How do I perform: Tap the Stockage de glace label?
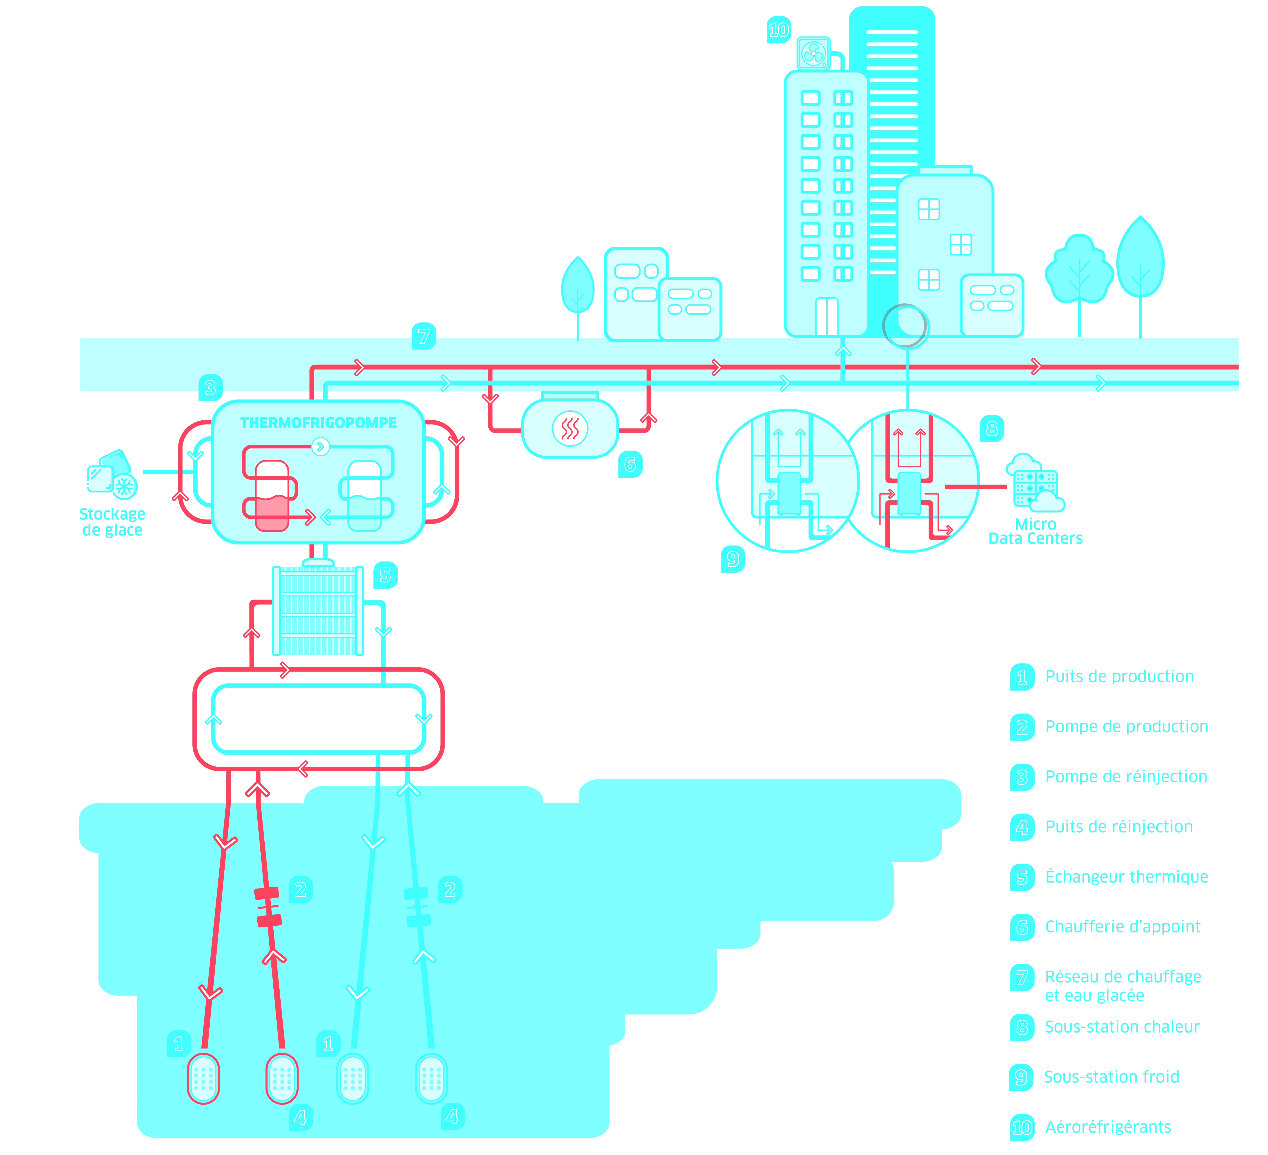(113, 522)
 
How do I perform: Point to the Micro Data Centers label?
(1035, 531)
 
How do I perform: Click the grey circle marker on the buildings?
(904, 326)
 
